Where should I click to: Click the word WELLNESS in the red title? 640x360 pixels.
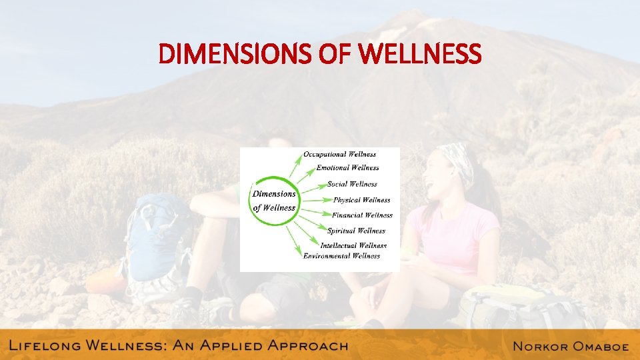pos(419,54)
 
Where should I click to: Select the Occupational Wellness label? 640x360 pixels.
pos(339,155)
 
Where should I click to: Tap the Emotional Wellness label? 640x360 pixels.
pos(347,168)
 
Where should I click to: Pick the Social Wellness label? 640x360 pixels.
pos(352,184)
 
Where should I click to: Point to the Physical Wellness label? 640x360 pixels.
pos(361,200)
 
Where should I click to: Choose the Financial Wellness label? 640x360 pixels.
pos(362,215)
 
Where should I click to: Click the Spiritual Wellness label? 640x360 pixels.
pos(356,231)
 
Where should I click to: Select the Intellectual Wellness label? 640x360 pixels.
pos(353,245)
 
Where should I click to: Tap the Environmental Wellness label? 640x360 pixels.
pos(341,256)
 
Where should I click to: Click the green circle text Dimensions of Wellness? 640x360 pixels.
pos(274,201)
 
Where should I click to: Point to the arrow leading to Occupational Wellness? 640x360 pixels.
pos(294,163)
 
